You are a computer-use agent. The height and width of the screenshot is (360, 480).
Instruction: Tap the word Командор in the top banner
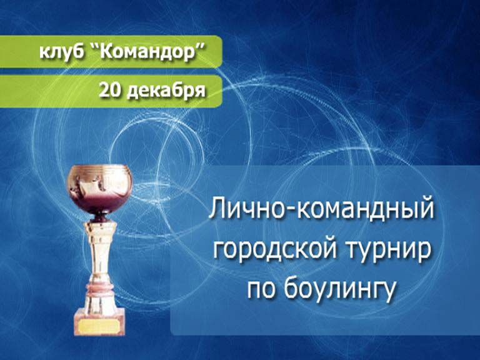(149, 53)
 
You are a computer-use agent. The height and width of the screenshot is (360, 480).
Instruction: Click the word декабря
(166, 91)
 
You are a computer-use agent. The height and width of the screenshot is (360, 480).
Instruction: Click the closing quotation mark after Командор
(202, 47)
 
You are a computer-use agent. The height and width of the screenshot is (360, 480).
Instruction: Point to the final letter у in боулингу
(389, 292)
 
